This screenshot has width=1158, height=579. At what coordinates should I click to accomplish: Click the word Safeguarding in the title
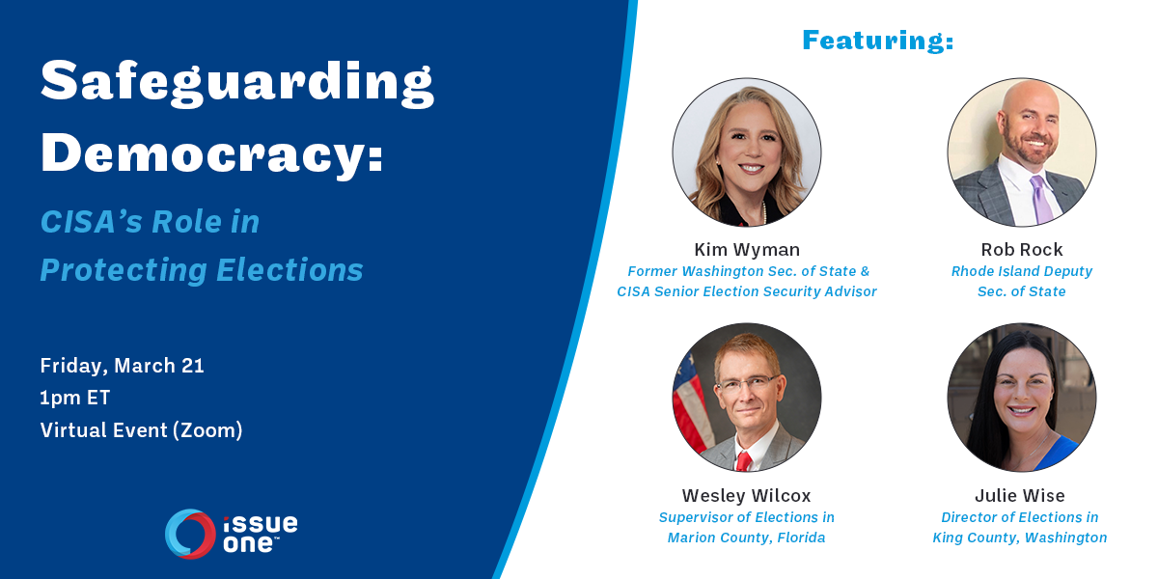pos(237,84)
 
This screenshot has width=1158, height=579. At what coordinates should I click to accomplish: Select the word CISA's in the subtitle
pos(91,222)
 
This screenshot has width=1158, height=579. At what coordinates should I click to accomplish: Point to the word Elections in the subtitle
pos(289,270)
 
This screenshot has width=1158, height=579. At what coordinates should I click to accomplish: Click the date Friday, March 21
pos(122,366)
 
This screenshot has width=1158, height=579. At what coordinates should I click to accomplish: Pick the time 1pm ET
pos(75,398)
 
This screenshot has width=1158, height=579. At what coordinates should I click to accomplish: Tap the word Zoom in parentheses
pos(207,430)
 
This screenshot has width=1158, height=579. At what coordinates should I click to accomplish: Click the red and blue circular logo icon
pos(190,534)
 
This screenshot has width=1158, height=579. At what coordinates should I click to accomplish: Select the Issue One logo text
pos(261,534)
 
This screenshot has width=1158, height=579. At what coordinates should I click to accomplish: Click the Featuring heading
pos(878,41)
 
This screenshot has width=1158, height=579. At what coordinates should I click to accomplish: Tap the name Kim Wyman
pos(747,250)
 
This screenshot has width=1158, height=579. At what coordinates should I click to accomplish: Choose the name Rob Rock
pos(1022,250)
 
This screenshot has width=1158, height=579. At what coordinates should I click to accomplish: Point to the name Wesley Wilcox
pos(747,496)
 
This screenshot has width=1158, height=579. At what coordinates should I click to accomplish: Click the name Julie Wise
pos(1020,496)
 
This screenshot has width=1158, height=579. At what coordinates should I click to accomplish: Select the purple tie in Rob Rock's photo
pos(1041,200)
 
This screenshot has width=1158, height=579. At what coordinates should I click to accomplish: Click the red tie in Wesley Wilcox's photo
pos(743,460)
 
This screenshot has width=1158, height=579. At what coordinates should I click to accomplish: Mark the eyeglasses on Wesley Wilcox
pos(748,385)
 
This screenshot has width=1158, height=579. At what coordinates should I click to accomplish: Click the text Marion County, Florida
pos(747,538)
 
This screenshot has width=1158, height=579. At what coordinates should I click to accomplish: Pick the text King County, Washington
pos(1020,538)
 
